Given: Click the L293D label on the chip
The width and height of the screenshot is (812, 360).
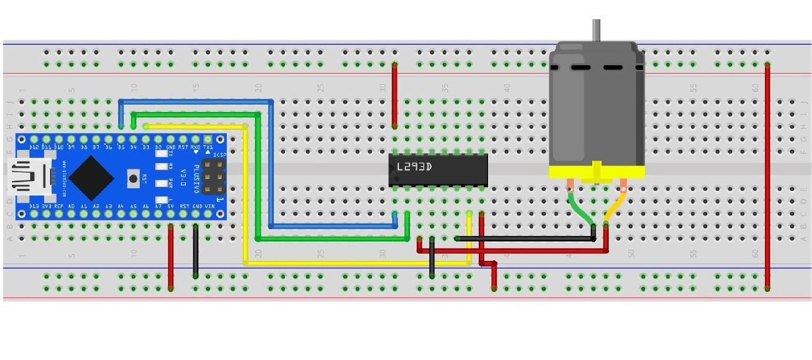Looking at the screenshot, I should [414, 167].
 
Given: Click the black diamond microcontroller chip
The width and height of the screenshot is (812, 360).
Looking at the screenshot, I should [91, 177].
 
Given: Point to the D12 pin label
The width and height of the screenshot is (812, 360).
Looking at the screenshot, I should [34, 147].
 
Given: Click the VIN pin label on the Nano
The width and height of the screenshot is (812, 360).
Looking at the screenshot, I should [209, 206].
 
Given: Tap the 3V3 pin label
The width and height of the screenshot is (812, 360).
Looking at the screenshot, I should [46, 206].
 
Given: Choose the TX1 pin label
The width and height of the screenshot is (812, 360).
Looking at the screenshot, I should [208, 147].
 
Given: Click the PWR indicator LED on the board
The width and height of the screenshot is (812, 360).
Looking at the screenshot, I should [162, 183].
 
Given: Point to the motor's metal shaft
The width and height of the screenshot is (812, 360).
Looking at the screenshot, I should [596, 30].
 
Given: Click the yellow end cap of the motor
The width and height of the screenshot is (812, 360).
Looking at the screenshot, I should [597, 172].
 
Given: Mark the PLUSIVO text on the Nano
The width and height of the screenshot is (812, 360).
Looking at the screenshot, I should [196, 177].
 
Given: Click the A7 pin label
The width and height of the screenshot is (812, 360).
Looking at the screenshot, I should [159, 206].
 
